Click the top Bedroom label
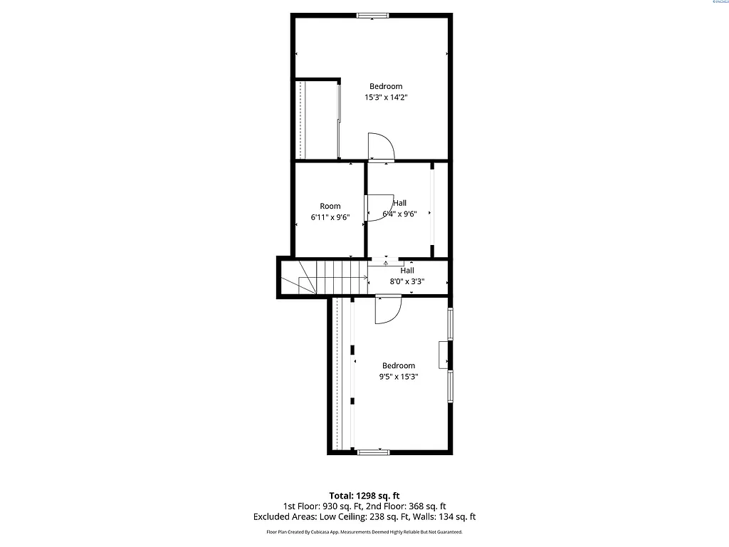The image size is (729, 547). point(386,87)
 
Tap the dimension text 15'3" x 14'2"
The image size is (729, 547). point(386,98)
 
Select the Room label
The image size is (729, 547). point(330,207)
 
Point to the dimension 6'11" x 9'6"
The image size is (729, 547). point(330,217)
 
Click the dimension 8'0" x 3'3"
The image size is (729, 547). point(407,281)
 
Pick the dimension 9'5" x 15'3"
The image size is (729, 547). point(398,377)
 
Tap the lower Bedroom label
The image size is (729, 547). point(398,366)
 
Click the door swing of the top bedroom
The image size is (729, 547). point(382,146)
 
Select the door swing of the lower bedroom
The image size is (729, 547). point(388,310)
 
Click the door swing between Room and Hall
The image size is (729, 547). point(379,207)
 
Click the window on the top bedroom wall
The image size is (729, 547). point(373,15)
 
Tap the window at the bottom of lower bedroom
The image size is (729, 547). point(373,452)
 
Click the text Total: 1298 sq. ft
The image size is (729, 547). point(364,495)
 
